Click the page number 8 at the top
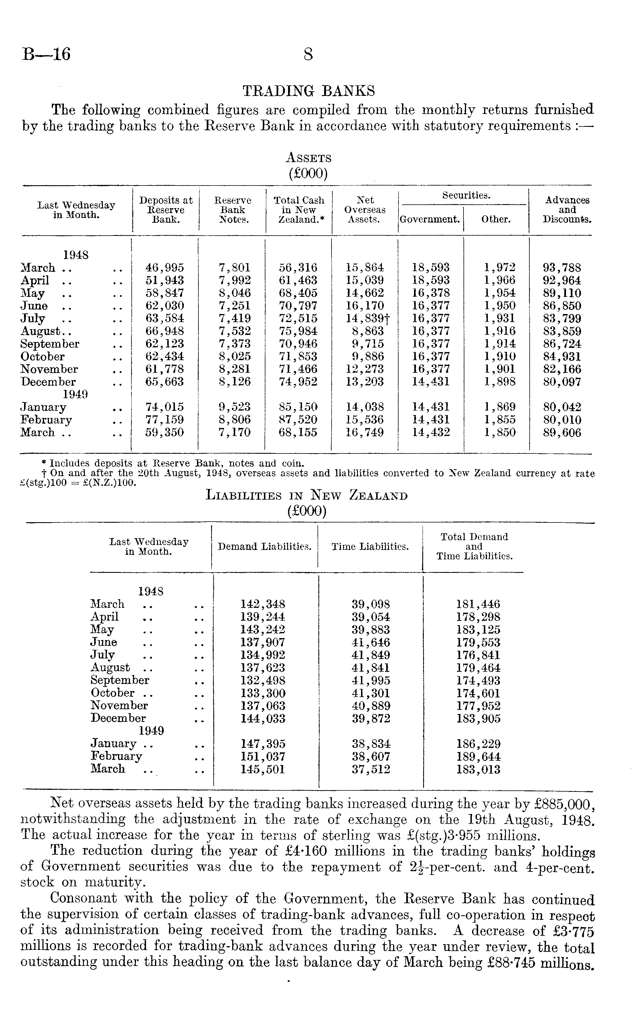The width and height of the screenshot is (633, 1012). (x=308, y=54)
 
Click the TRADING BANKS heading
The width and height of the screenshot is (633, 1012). (x=309, y=91)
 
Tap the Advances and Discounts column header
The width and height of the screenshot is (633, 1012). (x=567, y=210)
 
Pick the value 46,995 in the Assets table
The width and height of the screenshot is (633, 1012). (x=165, y=267)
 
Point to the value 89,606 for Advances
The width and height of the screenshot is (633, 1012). (x=562, y=433)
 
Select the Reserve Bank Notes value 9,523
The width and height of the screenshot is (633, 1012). (x=234, y=407)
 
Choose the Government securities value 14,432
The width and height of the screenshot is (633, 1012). (x=431, y=433)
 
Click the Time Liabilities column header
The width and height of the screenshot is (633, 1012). (x=370, y=547)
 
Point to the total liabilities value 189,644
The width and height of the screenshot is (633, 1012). (x=478, y=757)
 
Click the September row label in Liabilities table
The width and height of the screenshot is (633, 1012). (x=120, y=680)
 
